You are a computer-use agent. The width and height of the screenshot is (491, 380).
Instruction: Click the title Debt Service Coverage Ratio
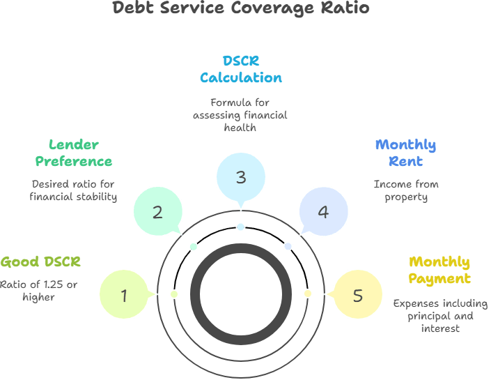coord(241,8)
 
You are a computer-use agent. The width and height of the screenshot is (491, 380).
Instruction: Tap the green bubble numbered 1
coord(124,295)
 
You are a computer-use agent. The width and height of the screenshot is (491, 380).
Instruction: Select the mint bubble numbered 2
coord(157,212)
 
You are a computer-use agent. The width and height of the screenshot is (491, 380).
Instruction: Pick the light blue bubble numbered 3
coord(240,177)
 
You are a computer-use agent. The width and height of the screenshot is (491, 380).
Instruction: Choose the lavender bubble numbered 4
coord(323,212)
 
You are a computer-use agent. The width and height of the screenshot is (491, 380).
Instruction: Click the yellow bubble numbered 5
coord(357,295)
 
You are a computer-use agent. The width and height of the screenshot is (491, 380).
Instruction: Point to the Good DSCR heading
coord(40,262)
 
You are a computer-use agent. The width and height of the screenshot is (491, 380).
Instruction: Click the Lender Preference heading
coord(74,153)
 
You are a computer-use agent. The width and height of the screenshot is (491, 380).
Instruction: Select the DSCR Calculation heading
coord(240,69)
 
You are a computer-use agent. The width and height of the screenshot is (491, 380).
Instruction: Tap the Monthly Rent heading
coord(405,153)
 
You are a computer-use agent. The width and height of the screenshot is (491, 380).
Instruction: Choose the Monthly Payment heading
coord(439,270)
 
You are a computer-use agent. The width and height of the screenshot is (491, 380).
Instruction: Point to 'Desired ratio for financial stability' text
coord(73,190)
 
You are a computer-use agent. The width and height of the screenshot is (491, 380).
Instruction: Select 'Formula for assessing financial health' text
coord(240,115)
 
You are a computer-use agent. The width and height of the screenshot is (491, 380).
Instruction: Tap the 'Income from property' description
coord(406,190)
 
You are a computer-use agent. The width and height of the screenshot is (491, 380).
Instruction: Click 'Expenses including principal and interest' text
coord(440,316)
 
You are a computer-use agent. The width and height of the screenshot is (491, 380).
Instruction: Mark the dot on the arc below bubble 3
coord(240,227)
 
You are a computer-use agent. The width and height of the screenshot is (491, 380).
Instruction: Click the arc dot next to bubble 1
coord(174,294)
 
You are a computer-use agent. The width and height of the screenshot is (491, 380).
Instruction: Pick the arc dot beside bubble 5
coord(307,294)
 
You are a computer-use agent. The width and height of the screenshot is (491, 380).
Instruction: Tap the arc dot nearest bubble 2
coord(194,247)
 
